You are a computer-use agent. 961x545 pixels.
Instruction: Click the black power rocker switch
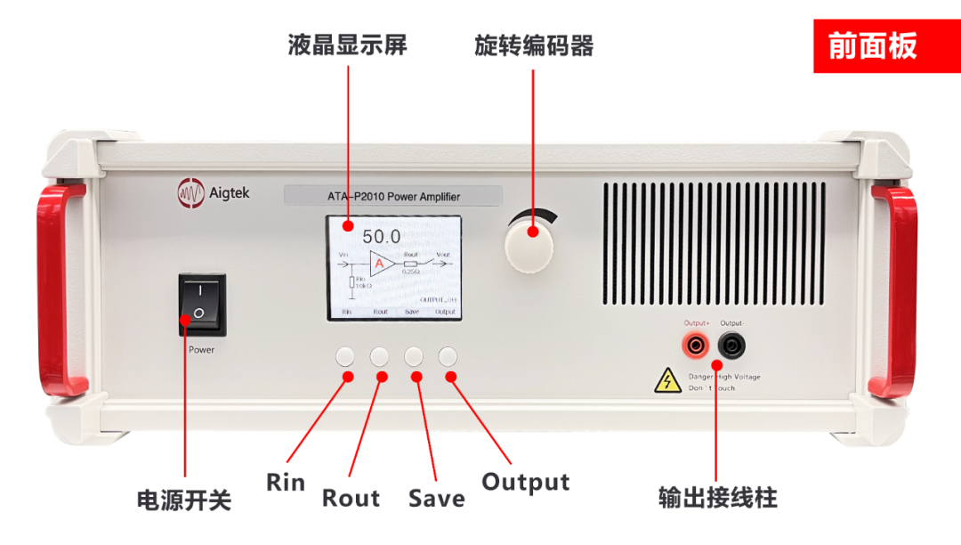click(x=202, y=304)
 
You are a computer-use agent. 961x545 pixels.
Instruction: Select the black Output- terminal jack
click(x=731, y=345)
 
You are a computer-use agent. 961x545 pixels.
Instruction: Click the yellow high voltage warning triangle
click(x=667, y=381)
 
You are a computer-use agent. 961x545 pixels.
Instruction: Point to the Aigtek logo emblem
click(x=191, y=191)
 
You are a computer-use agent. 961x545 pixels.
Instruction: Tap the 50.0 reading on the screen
click(x=381, y=237)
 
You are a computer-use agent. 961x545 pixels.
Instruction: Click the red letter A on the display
click(x=380, y=264)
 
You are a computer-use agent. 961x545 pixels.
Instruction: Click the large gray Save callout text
click(x=436, y=497)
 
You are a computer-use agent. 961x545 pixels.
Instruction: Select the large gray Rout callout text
click(x=351, y=497)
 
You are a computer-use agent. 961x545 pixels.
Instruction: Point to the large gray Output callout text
click(x=525, y=483)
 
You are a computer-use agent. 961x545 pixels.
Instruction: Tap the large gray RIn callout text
click(x=285, y=483)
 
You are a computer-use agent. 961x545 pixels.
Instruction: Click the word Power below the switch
click(x=202, y=350)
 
